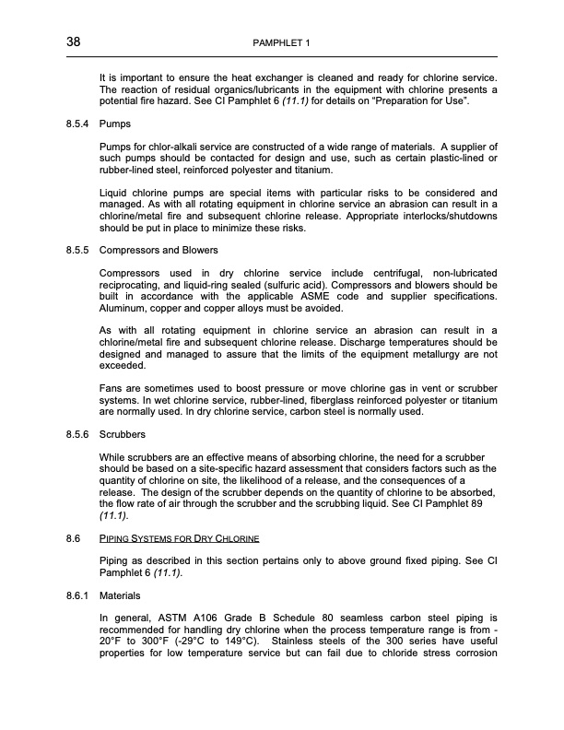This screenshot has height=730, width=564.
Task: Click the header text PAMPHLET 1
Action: click(282, 43)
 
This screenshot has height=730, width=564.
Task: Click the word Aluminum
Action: click(123, 308)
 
